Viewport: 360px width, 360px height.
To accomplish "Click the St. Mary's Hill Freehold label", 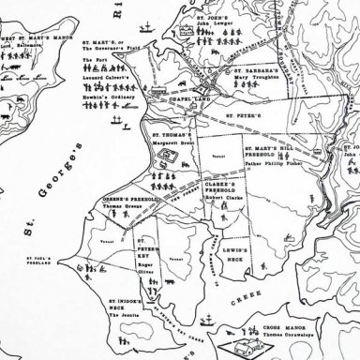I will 271,157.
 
